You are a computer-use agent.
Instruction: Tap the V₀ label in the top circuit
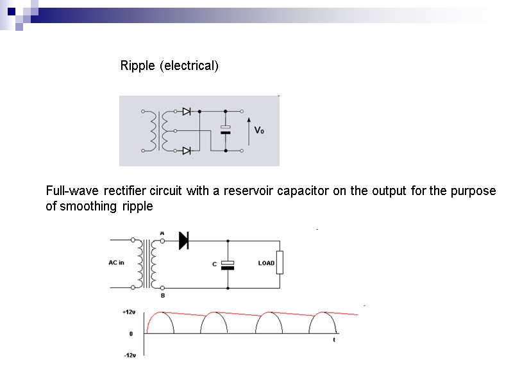[260, 130]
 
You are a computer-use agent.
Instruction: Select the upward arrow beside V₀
[249, 130]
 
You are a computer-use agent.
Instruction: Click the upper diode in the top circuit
[187, 111]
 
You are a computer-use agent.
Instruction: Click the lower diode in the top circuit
[187, 151]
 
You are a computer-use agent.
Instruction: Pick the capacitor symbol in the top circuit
[225, 130]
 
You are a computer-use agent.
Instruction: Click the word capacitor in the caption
[312, 191]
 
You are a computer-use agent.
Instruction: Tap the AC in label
[116, 262]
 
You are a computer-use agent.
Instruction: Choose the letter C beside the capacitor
[215, 264]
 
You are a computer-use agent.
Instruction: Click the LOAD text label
[266, 263]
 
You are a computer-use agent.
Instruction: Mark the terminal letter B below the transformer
[162, 296]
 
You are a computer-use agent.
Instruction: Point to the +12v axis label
[129, 312]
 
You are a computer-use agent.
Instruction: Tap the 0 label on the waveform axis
[131, 334]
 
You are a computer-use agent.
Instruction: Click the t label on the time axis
[333, 340]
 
